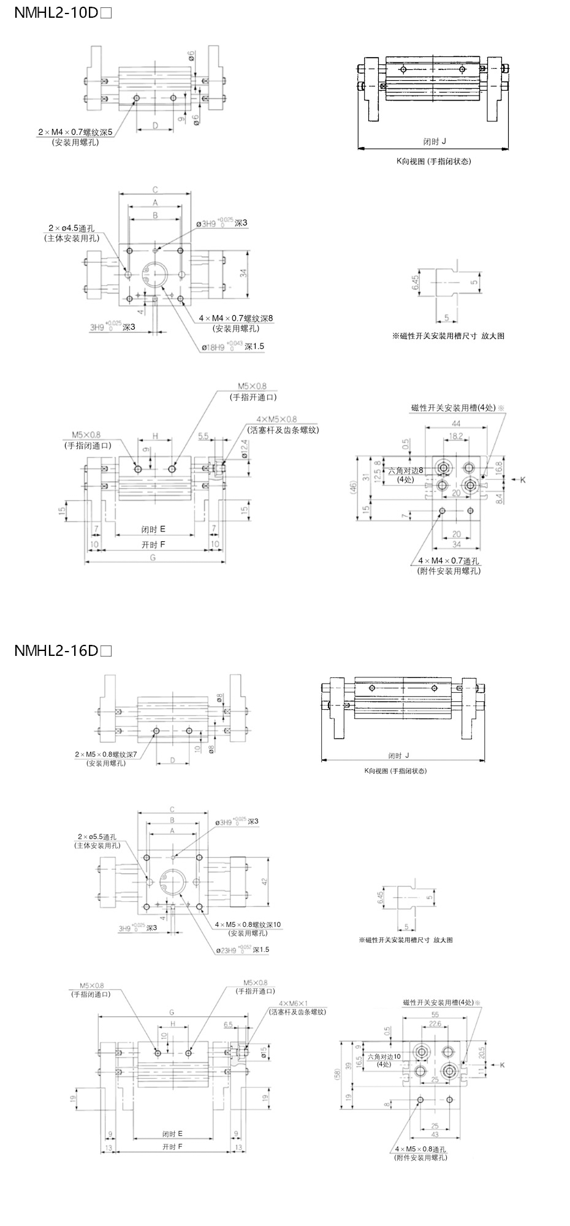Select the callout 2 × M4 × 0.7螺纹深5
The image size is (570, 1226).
pyautogui.click(x=75, y=132)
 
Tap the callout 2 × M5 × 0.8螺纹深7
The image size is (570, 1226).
pyautogui.click(x=106, y=754)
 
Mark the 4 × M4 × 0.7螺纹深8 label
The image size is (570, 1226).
pyautogui.click(x=236, y=319)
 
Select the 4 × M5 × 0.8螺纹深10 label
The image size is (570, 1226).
pyautogui.click(x=248, y=924)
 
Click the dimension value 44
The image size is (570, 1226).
pyautogui.click(x=456, y=424)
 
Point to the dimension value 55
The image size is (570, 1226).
pyautogui.click(x=435, y=1015)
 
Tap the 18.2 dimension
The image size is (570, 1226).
pyautogui.click(x=456, y=436)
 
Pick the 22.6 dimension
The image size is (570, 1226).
pyautogui.click(x=435, y=1024)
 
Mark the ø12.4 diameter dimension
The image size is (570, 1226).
pyautogui.click(x=245, y=454)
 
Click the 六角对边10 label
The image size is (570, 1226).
pyautogui.click(x=384, y=1057)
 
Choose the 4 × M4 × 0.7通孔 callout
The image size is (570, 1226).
pyautogui.click(x=449, y=562)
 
